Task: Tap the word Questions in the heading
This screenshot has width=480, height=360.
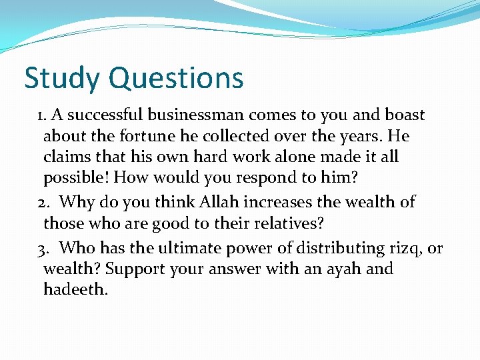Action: [x=176, y=79]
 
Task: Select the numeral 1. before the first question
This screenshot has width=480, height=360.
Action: [x=42, y=115]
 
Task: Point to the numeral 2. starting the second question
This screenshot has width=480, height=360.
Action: [x=43, y=202]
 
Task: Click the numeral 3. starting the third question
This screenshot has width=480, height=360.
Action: [x=43, y=249]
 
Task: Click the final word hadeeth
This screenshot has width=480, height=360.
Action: [x=75, y=290]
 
